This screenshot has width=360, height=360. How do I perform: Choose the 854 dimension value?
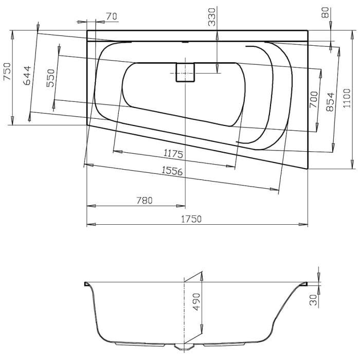[x=331, y=102]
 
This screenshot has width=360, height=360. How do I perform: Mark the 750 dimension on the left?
[x=7, y=70]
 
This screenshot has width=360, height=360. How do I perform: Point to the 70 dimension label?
[x=112, y=16]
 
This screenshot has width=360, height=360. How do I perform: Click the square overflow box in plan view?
[x=185, y=73]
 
